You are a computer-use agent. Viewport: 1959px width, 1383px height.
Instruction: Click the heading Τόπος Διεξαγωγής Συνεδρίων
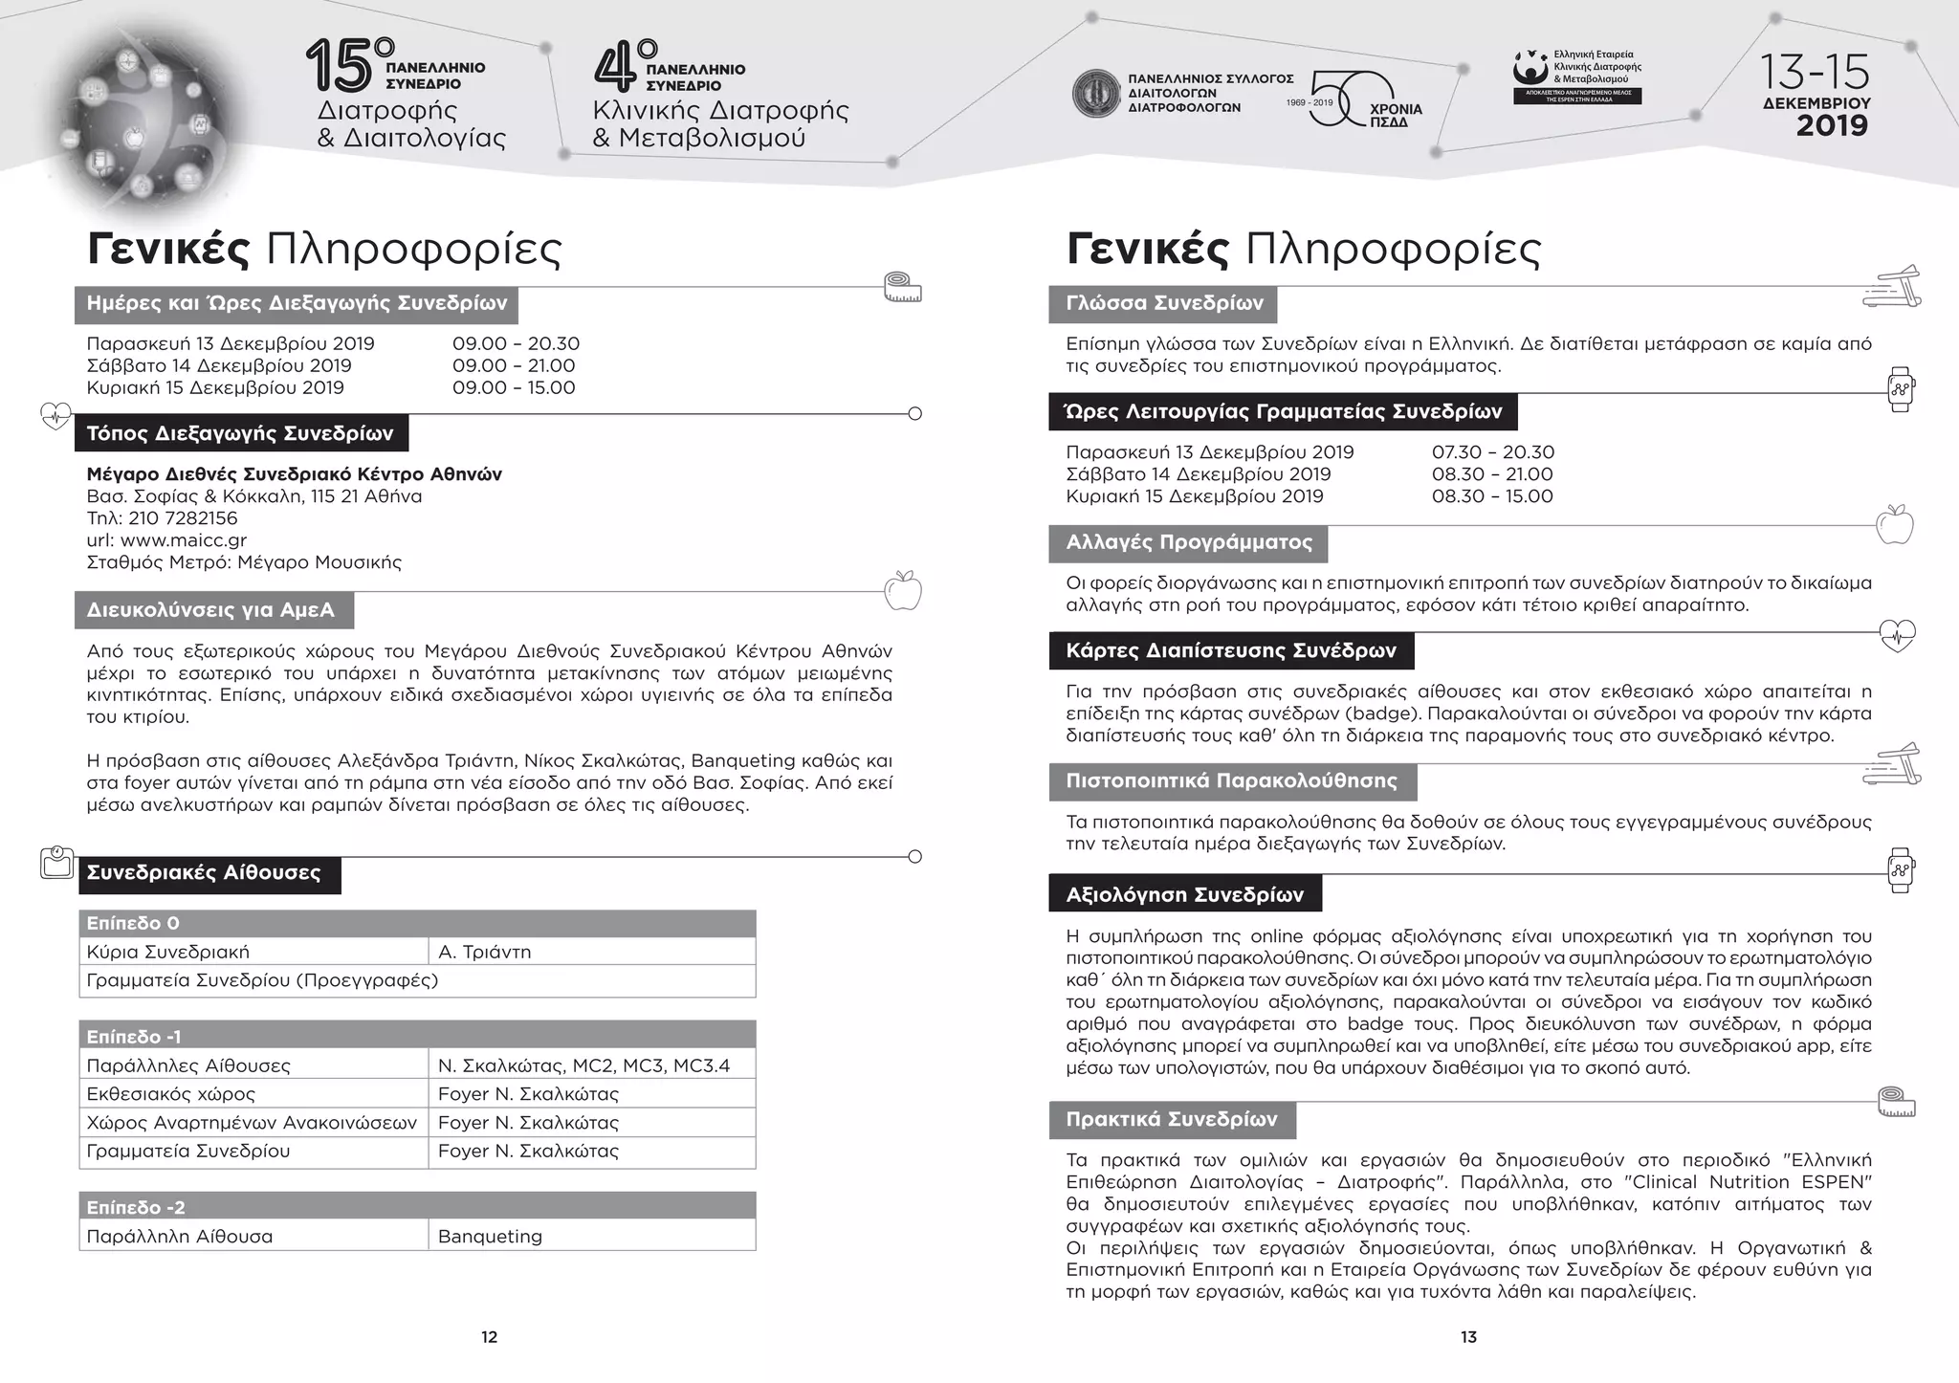coord(240,433)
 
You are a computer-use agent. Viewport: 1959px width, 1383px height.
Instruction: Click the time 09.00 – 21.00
coord(514,365)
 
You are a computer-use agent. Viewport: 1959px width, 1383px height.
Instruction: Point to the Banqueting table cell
coord(490,1236)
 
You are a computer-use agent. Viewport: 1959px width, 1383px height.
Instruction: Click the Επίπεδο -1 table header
coord(134,1036)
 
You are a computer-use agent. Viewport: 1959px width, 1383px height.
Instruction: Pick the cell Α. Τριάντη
coord(484,952)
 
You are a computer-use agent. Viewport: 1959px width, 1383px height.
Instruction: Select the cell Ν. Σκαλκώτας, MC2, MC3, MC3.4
coord(583,1065)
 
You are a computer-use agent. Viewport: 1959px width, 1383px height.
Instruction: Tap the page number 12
coord(489,1337)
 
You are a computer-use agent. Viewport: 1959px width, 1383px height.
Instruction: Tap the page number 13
coord(1468,1337)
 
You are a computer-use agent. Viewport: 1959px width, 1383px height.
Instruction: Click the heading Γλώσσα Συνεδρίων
coord(1163,303)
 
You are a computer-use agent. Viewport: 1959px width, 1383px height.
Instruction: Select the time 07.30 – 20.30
coord(1492,452)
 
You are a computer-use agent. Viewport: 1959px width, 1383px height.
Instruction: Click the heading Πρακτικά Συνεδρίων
coord(1171,1119)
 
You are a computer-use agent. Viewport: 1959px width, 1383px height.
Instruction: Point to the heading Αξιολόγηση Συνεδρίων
coord(1184,895)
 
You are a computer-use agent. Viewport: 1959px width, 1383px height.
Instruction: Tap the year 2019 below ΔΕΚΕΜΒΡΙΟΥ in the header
coord(1831,126)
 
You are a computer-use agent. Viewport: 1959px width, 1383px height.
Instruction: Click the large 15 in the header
coord(340,67)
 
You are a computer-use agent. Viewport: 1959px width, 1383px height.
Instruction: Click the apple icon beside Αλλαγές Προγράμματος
coord(1894,525)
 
